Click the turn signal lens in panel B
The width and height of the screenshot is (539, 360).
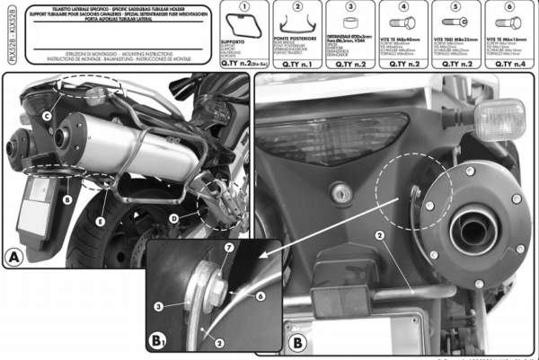point(499,117)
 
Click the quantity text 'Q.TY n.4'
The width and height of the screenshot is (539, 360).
point(512,66)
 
